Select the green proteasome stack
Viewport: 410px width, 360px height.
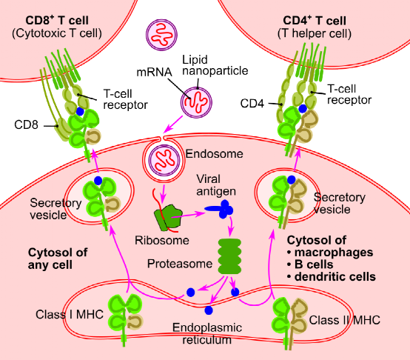[229, 256]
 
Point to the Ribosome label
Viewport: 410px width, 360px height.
[162, 241]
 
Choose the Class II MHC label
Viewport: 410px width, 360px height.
[346, 320]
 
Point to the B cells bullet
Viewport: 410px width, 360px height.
[319, 264]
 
